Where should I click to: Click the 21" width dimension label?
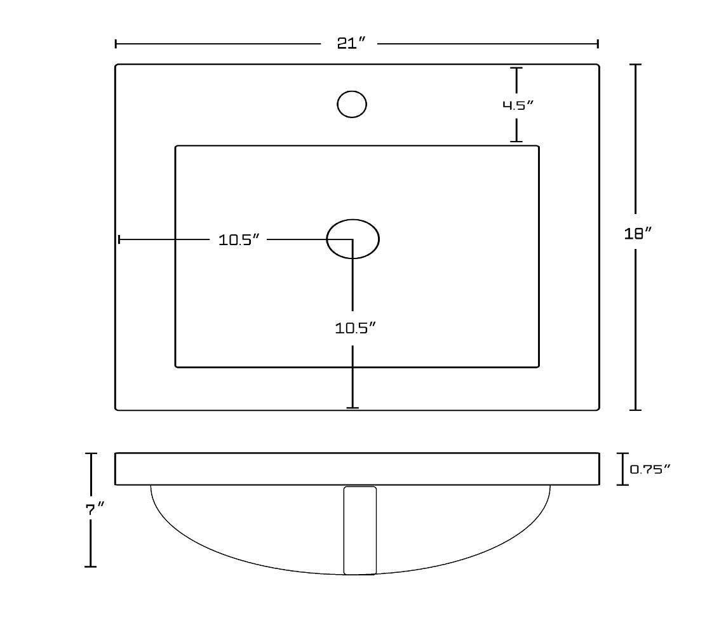(351, 43)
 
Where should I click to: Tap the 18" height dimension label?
(638, 234)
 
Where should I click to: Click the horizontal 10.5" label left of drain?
(239, 240)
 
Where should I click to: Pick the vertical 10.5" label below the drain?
(356, 328)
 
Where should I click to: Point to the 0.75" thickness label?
(650, 469)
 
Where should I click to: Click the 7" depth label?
(95, 509)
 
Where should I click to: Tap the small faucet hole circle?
(352, 104)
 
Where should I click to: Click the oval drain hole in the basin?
(353, 239)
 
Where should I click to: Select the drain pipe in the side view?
(359, 530)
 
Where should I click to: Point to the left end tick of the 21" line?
(116, 43)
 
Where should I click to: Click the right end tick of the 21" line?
(598, 43)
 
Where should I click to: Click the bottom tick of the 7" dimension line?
(91, 566)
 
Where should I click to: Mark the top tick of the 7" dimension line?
(91, 453)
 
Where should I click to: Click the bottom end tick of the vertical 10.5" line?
(353, 408)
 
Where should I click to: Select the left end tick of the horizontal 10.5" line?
(119, 239)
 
